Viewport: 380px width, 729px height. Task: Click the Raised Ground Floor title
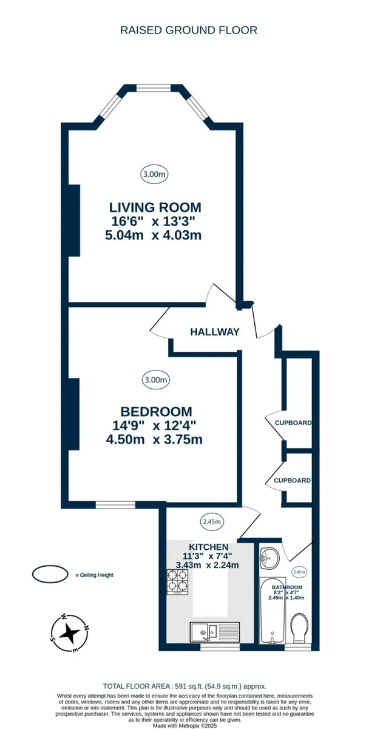point(189,30)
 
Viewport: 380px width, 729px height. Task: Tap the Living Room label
point(155,207)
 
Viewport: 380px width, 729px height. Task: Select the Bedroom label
point(156,412)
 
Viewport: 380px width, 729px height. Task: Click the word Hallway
point(214,332)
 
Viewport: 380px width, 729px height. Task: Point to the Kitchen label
point(209,547)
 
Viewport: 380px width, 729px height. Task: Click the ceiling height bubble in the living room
point(154,174)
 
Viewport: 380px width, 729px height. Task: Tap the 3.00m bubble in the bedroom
point(156,380)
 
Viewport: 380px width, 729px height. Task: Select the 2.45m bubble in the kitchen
point(212,522)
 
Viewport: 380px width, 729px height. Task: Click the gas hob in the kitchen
point(178,582)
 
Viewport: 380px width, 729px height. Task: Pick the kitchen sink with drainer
point(215,632)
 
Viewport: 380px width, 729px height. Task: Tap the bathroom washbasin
point(269,558)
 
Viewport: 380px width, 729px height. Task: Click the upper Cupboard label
point(293,423)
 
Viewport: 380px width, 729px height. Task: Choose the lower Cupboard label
point(292,481)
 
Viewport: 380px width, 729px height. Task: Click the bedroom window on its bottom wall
point(115,505)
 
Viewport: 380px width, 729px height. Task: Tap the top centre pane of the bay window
point(153,87)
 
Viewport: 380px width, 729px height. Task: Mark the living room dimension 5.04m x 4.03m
point(154,235)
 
